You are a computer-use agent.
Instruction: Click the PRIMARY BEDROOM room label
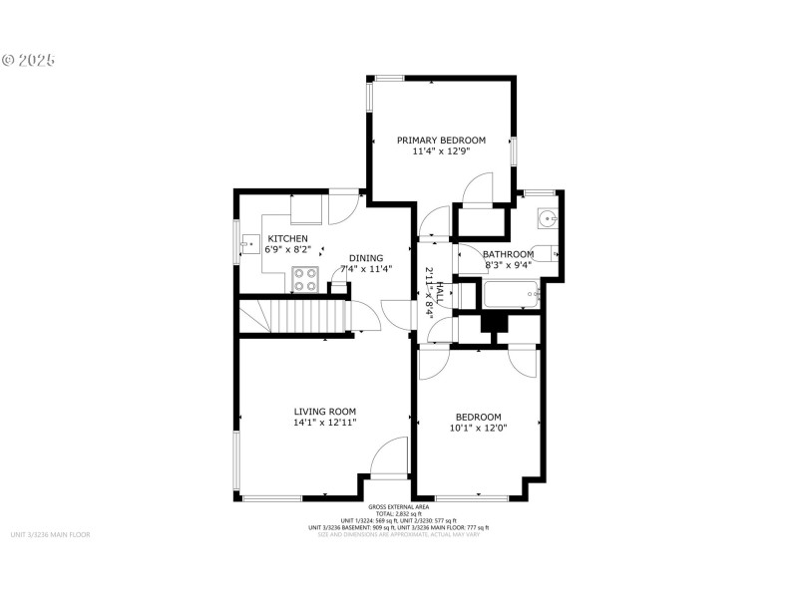(441, 141)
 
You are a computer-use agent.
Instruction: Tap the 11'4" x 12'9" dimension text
(441, 152)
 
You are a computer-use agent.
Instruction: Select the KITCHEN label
(286, 239)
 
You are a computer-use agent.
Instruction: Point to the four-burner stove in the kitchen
(305, 281)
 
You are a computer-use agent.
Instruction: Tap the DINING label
(365, 258)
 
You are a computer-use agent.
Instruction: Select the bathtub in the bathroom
(511, 295)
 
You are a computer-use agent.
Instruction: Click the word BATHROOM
(509, 254)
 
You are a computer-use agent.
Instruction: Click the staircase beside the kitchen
(294, 317)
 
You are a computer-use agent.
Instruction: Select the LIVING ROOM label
(324, 411)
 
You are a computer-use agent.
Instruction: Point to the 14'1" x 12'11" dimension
(324, 423)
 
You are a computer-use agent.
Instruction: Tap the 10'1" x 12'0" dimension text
(478, 429)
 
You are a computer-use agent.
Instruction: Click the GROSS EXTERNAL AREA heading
(398, 507)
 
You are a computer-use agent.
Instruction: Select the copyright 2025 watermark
(29, 60)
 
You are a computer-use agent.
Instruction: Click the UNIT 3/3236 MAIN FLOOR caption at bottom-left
(50, 535)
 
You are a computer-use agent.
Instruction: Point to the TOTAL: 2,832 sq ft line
(398, 514)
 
